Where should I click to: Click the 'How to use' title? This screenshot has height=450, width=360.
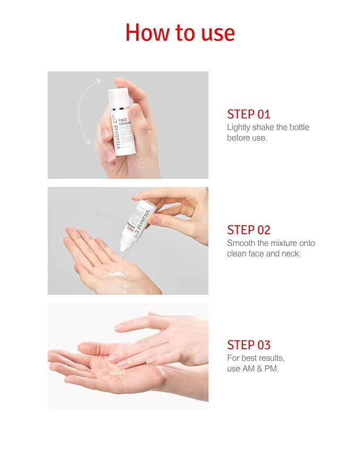point(180,33)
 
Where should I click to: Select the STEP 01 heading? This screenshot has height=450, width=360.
point(249,114)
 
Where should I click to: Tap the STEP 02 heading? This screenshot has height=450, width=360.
point(249,230)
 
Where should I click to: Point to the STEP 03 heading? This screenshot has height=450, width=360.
point(249,345)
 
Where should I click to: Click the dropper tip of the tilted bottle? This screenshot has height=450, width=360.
point(124,247)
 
